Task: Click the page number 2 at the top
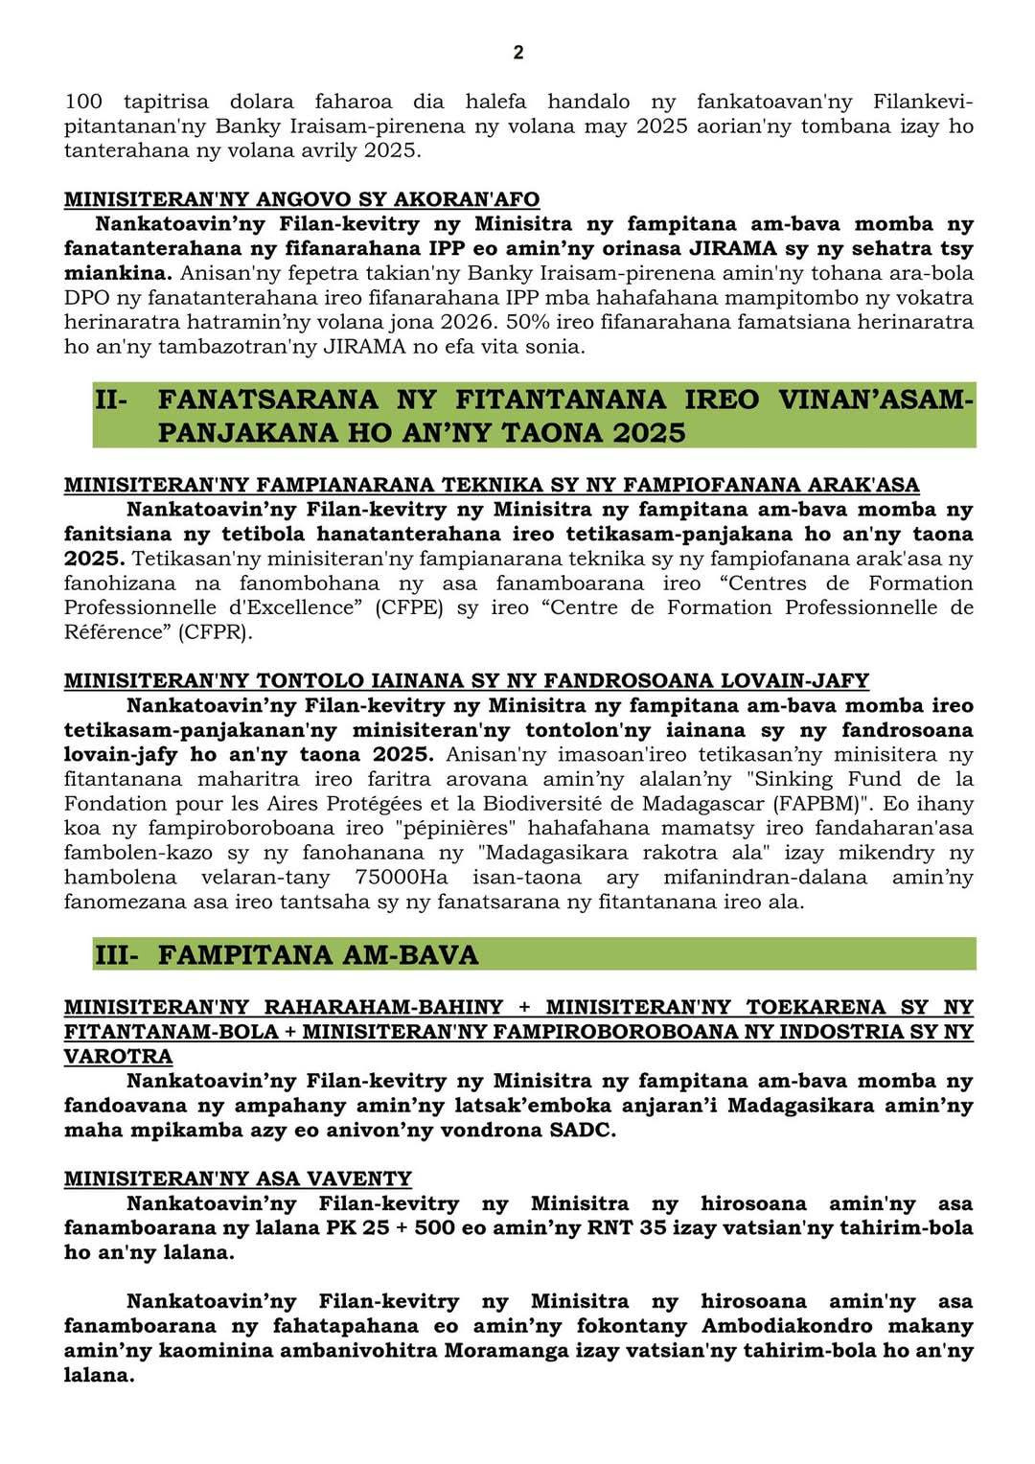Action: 518,53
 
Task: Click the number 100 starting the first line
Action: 83,102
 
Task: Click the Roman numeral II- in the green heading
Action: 111,400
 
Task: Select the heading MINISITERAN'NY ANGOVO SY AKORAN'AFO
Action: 302,199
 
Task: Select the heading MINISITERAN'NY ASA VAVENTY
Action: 238,1178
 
